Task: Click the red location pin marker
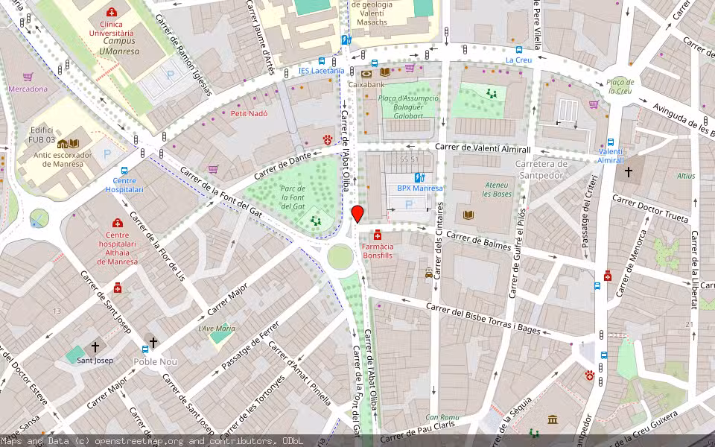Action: [357, 214]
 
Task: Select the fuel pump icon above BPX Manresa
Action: [419, 178]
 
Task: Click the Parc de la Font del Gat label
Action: [293, 197]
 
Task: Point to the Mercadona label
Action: [28, 89]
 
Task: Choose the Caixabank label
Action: [366, 85]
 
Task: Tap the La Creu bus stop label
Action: [518, 60]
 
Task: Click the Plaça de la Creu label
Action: [620, 86]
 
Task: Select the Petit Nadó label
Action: [249, 113]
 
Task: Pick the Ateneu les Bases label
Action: [498, 189]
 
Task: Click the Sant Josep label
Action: [95, 361]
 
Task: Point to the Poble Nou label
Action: [155, 362]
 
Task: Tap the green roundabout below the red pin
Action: [340, 257]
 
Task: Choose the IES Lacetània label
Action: [321, 71]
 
